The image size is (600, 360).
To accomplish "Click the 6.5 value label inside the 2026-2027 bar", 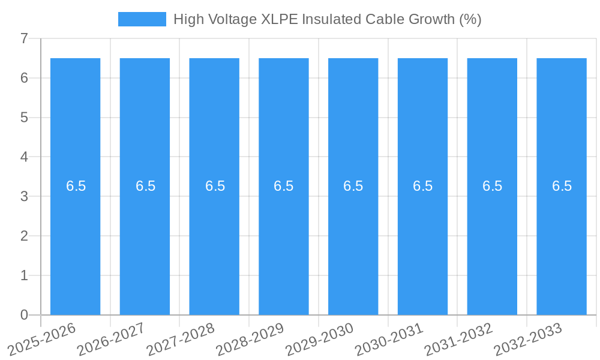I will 145,186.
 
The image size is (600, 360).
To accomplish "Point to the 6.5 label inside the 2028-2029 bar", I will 284,186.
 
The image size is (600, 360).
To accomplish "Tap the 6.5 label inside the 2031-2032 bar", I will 492,186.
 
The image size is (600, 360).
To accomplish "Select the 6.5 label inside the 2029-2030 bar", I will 353,186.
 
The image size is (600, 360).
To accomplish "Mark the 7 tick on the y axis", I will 24,38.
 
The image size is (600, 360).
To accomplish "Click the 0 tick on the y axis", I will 24,315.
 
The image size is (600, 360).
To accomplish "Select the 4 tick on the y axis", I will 24,157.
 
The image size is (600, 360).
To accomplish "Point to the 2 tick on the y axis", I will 24,236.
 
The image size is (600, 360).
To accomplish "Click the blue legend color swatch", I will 142,19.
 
